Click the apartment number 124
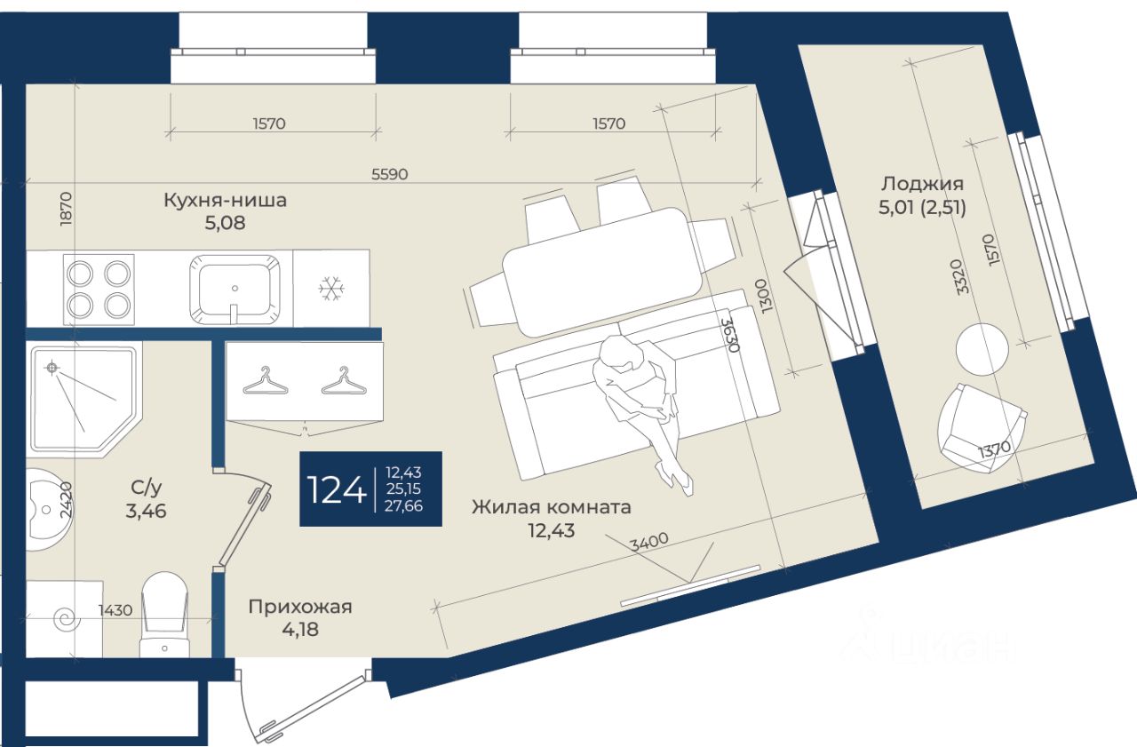[336, 489]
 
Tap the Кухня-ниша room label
[225, 201]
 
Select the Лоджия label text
[922, 185]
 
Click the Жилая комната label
[551, 508]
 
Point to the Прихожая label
[299, 608]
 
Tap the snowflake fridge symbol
[331, 288]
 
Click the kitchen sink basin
[235, 286]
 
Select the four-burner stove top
[99, 288]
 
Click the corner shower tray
[80, 395]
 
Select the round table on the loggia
[982, 349]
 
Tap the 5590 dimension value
[389, 174]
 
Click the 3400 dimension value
[648, 541]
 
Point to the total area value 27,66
[404, 505]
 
